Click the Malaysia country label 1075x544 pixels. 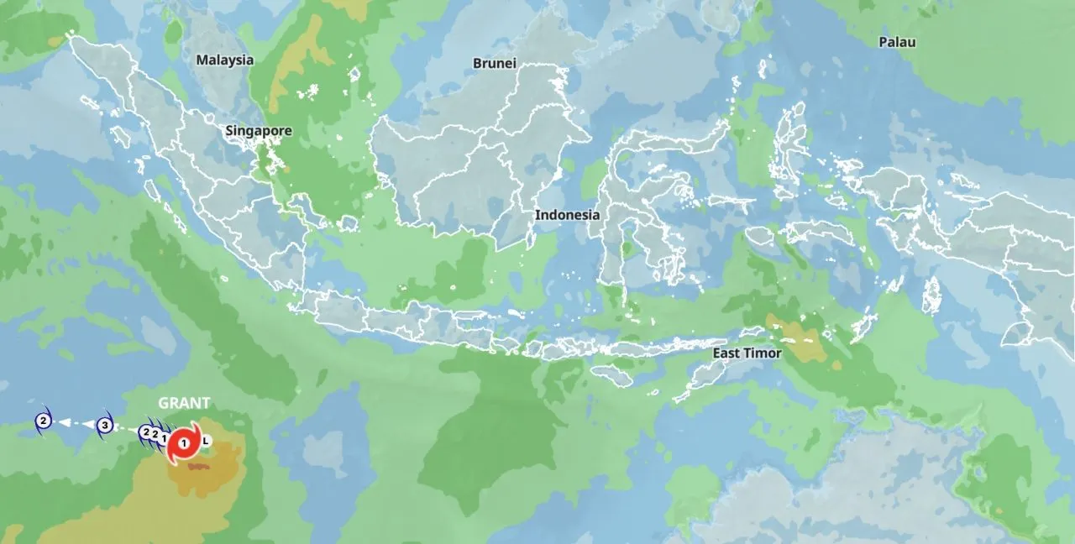(x=224, y=60)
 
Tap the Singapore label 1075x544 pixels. (x=259, y=131)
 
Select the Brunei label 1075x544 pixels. (x=494, y=64)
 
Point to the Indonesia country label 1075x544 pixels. (x=568, y=215)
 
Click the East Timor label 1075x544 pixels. (x=747, y=353)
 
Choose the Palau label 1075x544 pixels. (x=897, y=42)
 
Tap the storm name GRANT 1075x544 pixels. (x=184, y=403)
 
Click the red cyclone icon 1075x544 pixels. (x=183, y=442)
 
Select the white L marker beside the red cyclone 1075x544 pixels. (x=207, y=440)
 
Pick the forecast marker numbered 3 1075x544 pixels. (x=104, y=426)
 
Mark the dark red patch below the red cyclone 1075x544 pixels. (x=198, y=464)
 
